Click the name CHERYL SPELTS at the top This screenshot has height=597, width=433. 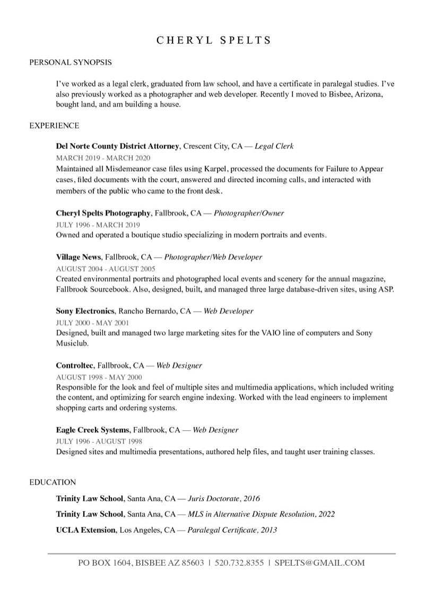(x=214, y=40)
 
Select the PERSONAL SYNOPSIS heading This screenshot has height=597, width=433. (x=71, y=62)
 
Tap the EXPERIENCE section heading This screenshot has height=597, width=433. (x=54, y=125)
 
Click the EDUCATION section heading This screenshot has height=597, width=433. (x=53, y=482)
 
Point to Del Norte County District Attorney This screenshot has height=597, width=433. (x=118, y=146)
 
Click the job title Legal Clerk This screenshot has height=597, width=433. (x=274, y=146)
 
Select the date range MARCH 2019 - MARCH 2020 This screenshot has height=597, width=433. (x=103, y=158)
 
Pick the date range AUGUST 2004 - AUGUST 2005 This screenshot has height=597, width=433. (x=105, y=269)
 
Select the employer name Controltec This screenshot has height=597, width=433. (x=75, y=365)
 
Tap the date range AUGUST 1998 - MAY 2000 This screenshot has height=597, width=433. (x=99, y=377)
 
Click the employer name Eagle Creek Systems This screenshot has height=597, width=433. (x=92, y=430)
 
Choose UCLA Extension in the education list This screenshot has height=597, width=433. (x=85, y=530)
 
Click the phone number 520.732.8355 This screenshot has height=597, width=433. (x=239, y=563)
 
